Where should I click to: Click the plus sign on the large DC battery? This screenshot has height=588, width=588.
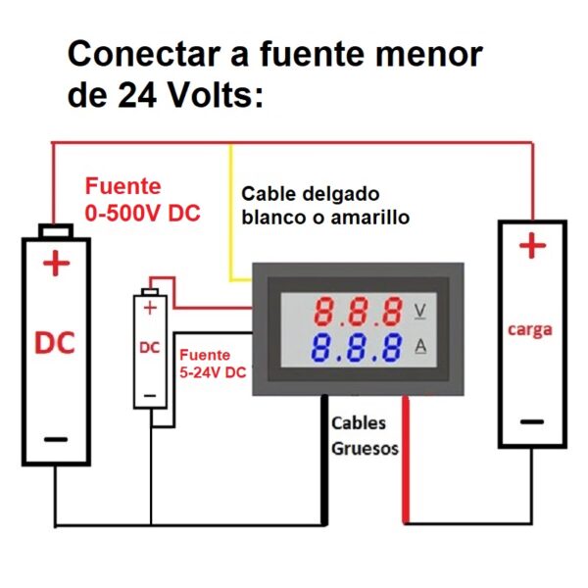point(56,264)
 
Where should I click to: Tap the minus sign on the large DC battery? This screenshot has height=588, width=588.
point(56,439)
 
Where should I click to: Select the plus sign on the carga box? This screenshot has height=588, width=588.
point(532,246)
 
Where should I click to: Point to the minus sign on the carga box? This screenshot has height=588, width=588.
point(532,421)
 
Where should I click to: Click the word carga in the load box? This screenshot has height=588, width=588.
point(530,330)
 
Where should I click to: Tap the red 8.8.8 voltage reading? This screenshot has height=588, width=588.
point(358,312)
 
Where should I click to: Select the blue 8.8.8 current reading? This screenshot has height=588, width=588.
point(357,347)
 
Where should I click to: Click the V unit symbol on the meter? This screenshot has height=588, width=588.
point(420,312)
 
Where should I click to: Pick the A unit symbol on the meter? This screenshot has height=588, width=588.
point(420,346)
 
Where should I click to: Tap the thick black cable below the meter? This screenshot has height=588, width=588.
point(324,461)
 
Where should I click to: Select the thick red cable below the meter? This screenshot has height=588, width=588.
point(406,460)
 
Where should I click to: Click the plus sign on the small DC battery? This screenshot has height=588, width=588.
point(150,309)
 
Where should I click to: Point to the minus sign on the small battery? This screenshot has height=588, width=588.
point(150,396)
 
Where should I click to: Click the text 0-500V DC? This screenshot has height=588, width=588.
point(142,213)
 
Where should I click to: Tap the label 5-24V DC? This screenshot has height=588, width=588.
point(213,372)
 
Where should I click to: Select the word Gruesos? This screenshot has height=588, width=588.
point(365,449)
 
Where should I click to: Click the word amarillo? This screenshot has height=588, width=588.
point(370,218)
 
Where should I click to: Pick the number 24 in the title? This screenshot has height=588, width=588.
point(137,95)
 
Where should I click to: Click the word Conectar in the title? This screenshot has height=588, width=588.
point(144,54)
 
